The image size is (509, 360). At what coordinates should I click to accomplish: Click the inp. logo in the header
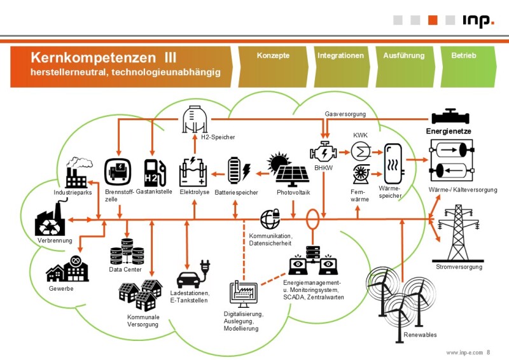pyautogui.click(x=478, y=20)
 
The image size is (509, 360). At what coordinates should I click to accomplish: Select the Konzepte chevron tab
pyautogui.click(x=273, y=56)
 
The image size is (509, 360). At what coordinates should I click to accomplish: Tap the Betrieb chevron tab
pyautogui.click(x=464, y=56)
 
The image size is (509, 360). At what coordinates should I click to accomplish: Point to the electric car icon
pyautogui.click(x=190, y=278)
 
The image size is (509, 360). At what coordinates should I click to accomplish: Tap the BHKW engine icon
pyautogui.click(x=323, y=153)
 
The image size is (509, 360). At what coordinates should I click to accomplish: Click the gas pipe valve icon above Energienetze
pyautogui.click(x=450, y=118)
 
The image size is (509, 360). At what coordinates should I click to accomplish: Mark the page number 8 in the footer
pyautogui.click(x=489, y=352)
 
